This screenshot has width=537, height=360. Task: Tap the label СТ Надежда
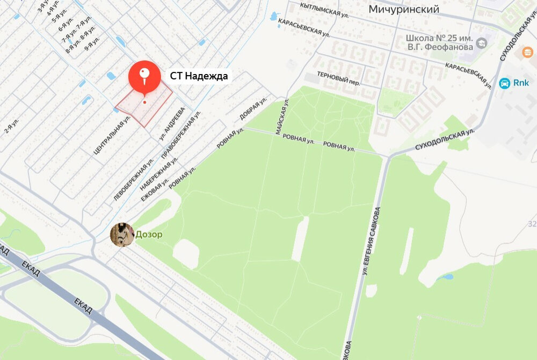(x=199, y=76)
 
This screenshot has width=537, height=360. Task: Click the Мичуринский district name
(x=404, y=9)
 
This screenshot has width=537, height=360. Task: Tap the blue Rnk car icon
(x=505, y=83)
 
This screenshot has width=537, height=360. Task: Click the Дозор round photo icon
(x=122, y=234)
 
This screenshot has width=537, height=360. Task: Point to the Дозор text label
(x=149, y=234)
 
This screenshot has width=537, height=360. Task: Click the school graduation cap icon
(x=482, y=41)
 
